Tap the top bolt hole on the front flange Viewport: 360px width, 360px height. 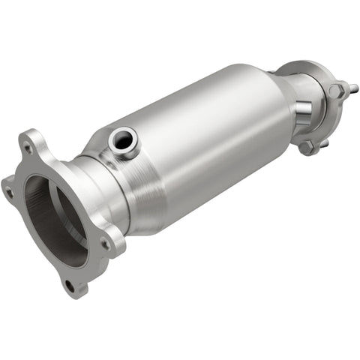29,148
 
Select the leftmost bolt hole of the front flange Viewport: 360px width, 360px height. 9,192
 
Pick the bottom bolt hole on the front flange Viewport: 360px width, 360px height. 70,285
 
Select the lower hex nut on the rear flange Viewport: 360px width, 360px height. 307,146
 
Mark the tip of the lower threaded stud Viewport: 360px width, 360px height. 327,142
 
